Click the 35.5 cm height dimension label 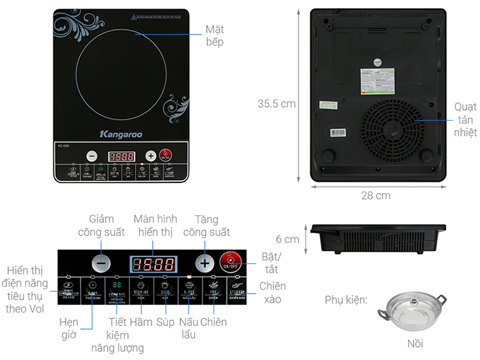coord(278,104)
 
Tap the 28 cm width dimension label coord(376,196)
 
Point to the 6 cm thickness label coord(287,239)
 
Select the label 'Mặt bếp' coord(214,36)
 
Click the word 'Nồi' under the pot coord(415,343)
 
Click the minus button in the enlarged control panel coord(103,263)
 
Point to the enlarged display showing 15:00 coord(153,265)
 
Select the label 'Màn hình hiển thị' coord(155,225)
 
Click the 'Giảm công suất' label coord(102,225)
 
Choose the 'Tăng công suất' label coord(206,225)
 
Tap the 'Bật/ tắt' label coord(271,263)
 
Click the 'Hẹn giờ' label coord(69,327)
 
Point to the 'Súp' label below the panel coord(165,322)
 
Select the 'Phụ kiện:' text coord(346,300)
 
